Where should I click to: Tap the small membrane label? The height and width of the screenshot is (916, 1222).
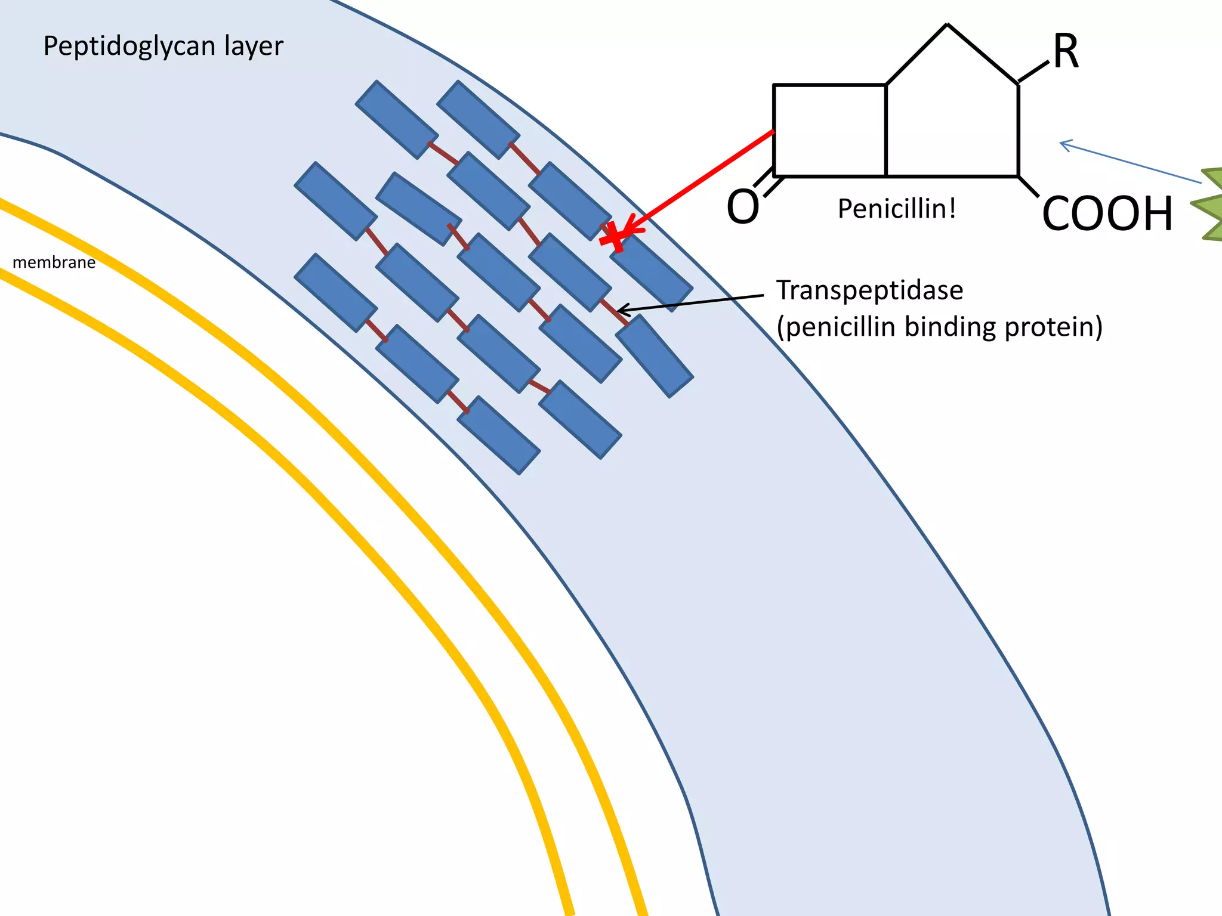click(54, 262)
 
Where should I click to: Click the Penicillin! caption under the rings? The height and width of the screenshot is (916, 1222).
click(896, 209)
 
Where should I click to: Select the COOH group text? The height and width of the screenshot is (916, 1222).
click(1107, 213)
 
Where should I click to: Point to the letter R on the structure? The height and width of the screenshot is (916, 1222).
click(1066, 52)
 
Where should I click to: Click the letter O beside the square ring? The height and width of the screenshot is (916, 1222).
click(742, 207)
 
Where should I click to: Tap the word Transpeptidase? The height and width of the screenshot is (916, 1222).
click(869, 290)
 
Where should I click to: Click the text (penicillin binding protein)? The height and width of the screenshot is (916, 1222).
click(939, 327)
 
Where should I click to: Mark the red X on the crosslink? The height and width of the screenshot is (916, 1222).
click(613, 237)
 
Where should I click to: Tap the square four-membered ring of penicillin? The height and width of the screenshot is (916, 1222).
click(829, 131)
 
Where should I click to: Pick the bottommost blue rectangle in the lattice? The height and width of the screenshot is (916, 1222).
click(499, 435)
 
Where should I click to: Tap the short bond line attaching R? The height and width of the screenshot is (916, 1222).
click(1033, 72)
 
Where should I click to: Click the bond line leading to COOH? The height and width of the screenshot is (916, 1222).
click(1028, 186)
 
